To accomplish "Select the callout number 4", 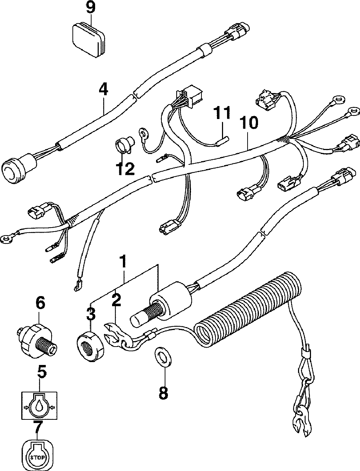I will (x=103, y=89).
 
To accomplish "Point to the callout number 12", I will (x=125, y=168).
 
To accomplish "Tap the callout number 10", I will (x=248, y=123).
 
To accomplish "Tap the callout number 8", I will (x=163, y=393).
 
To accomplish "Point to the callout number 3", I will (x=90, y=314).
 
